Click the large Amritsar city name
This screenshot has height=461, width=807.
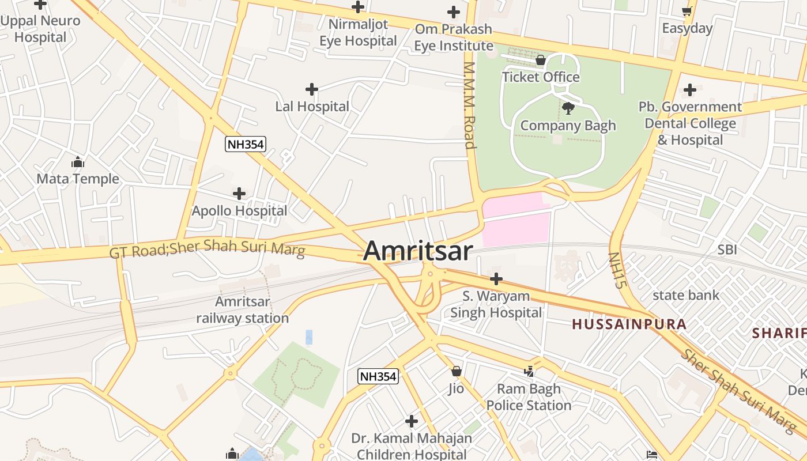tap(418, 251)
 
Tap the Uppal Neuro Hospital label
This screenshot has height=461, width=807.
tap(40, 29)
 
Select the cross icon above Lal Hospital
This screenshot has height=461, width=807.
tap(312, 89)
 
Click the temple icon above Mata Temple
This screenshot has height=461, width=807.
tap(78, 162)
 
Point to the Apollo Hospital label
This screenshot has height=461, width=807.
tap(239, 211)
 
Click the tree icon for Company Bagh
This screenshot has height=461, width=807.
tap(568, 108)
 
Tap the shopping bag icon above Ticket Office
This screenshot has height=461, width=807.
tap(541, 60)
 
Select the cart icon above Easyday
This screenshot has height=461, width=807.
tap(687, 12)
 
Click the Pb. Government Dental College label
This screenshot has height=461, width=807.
tap(690, 123)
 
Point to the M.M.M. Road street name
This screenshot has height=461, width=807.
tap(470, 105)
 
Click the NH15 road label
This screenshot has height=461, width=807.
tap(617, 270)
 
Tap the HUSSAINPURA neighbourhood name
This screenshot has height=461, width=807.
tap(629, 324)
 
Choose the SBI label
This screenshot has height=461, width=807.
tap(727, 250)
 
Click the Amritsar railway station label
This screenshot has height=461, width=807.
tap(243, 310)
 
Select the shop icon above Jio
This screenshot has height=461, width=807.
tap(457, 371)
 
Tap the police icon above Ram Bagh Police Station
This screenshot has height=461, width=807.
tap(529, 372)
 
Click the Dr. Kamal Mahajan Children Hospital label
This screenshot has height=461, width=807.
tap(412, 446)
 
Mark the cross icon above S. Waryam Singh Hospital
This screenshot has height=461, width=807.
tap(496, 279)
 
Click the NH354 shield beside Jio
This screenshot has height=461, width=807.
tap(378, 377)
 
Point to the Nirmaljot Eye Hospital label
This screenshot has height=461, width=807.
tap(358, 32)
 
